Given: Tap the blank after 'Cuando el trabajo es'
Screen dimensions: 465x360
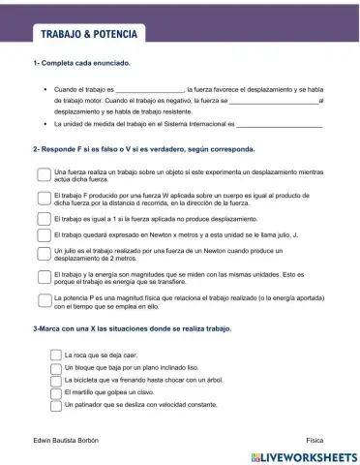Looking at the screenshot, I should [x=155, y=88].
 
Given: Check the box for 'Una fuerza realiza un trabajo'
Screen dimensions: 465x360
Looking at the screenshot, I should [x=44, y=175].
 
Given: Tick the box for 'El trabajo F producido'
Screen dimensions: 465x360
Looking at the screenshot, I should [x=44, y=200].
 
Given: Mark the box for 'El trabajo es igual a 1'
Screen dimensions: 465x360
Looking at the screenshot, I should [x=44, y=220].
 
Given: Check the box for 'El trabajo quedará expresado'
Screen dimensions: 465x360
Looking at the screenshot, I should [x=44, y=235].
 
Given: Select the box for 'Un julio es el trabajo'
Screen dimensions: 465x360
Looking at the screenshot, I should [x=44, y=255].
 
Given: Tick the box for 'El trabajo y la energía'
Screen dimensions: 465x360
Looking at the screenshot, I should [x=44, y=279].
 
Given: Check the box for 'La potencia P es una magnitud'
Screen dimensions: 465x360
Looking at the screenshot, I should [x=44, y=301].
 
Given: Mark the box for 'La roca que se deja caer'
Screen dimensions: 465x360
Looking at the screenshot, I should [x=55, y=355].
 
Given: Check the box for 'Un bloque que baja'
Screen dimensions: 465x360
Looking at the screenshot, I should [x=55, y=368].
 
